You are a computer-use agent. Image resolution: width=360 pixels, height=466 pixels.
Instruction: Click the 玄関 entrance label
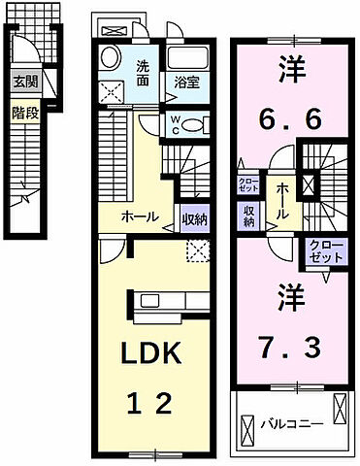24,83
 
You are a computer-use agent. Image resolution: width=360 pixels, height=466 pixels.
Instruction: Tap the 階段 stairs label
25,114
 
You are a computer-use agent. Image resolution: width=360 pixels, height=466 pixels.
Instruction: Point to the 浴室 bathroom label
186,83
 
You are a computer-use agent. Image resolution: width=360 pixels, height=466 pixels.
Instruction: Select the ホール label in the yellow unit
140,217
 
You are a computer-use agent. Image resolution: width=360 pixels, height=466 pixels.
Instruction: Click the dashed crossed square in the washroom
115,92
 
